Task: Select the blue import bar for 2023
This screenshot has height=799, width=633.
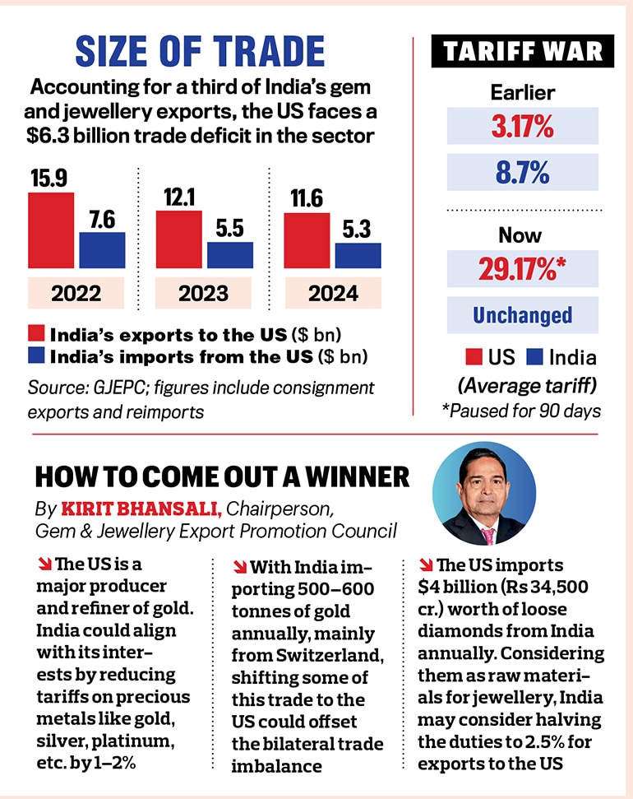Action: coord(230,255)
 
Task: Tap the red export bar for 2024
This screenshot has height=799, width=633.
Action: coord(307,240)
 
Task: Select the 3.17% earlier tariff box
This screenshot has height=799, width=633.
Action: coord(522,126)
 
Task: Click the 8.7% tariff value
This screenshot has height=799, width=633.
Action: coord(522,173)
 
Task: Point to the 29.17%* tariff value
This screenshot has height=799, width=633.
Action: coord(522,269)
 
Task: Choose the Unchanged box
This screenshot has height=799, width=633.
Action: coord(522,315)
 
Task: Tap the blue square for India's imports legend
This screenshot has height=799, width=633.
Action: coord(36,357)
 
